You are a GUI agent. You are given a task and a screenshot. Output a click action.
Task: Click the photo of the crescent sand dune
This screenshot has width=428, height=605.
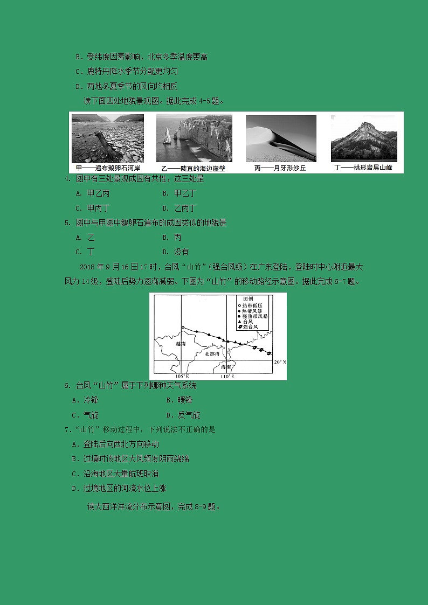(x=281, y=138)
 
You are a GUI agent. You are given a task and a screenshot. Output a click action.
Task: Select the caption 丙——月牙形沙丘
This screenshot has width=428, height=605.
(x=280, y=168)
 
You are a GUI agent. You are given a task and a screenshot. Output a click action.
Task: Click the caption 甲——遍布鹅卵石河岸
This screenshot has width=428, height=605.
(x=108, y=168)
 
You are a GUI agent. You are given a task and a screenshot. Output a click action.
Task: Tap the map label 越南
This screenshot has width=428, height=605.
(x=181, y=343)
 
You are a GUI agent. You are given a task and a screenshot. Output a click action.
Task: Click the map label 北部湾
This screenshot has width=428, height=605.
(x=212, y=354)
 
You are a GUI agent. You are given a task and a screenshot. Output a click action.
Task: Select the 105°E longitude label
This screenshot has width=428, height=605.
(x=182, y=376)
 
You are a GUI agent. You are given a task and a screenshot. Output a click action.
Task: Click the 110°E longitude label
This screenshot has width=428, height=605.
(x=227, y=376)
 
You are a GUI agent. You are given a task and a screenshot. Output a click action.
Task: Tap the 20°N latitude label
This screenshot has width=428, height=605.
(x=280, y=362)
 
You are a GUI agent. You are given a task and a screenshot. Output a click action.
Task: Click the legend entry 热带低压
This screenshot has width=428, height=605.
(x=253, y=305)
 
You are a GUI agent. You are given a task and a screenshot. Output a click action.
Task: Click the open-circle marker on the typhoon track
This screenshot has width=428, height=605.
(x=183, y=328)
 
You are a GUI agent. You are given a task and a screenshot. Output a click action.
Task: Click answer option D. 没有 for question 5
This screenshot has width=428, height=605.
(x=176, y=252)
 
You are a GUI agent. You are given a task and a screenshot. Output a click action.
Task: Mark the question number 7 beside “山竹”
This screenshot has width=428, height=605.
(x=67, y=430)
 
